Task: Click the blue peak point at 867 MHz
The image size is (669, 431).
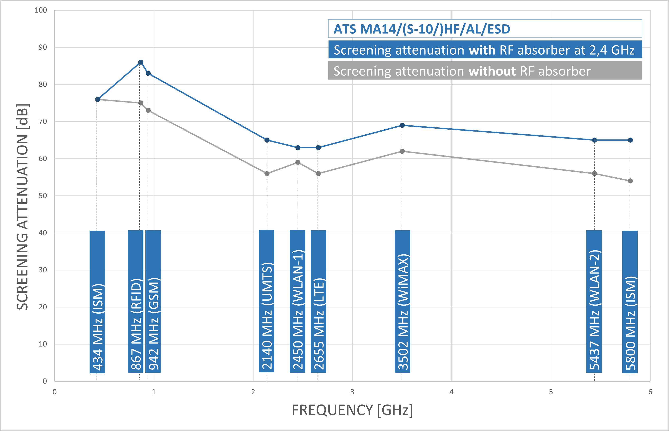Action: click(x=141, y=62)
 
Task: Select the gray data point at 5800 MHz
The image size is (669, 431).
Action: click(x=630, y=181)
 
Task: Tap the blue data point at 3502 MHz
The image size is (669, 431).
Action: click(x=402, y=125)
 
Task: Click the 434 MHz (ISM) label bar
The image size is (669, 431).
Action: click(x=97, y=302)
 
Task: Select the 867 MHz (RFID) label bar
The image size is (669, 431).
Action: click(x=136, y=301)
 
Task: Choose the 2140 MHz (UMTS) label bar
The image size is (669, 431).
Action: click(x=266, y=301)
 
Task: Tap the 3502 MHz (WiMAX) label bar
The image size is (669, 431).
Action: click(x=402, y=301)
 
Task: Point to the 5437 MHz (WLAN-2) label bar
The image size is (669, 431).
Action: click(x=594, y=301)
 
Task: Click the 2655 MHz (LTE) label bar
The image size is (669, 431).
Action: click(x=318, y=301)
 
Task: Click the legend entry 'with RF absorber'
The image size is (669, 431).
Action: click(x=485, y=50)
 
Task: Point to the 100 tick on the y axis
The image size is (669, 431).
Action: click(x=41, y=10)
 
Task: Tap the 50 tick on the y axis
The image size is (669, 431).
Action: click(x=43, y=196)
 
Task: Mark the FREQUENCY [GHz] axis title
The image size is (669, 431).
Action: click(x=352, y=410)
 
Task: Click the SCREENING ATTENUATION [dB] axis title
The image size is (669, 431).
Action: click(x=22, y=207)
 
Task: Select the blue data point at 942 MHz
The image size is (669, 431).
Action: click(x=148, y=73)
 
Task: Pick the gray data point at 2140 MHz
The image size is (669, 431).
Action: click(x=267, y=173)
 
